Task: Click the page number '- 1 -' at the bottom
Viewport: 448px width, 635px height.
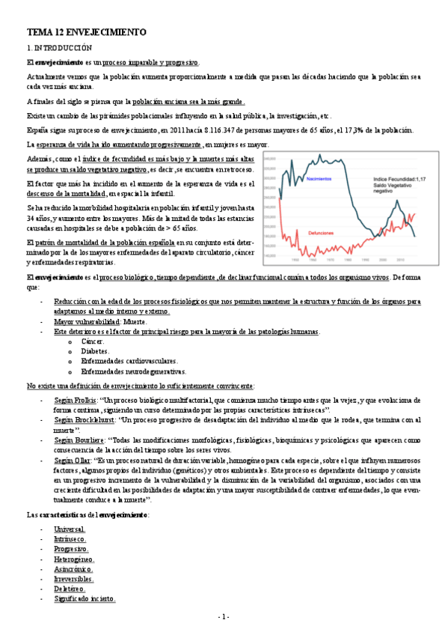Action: tap(224, 616)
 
